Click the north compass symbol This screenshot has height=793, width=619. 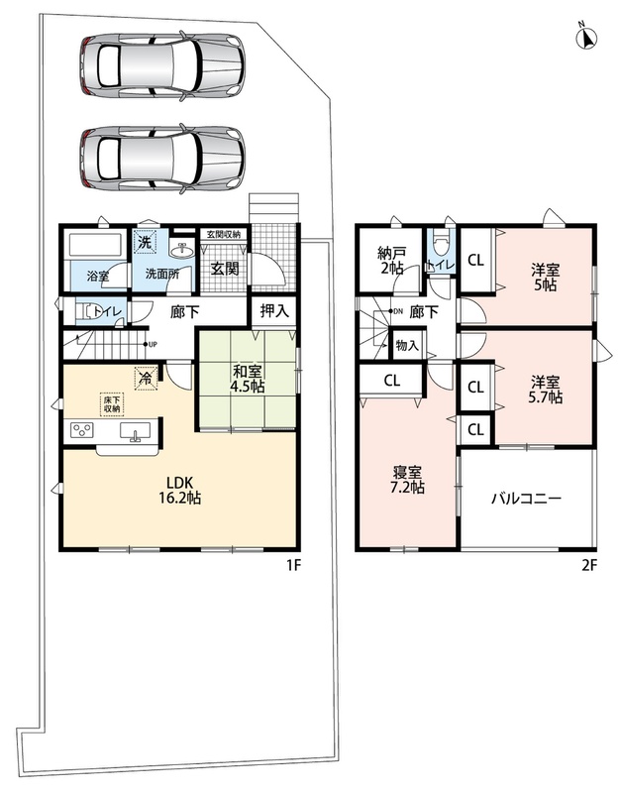[x=586, y=36]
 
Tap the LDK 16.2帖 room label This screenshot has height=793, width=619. [x=180, y=490]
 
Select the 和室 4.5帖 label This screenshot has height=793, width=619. [x=248, y=379]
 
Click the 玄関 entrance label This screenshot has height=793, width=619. [x=225, y=269]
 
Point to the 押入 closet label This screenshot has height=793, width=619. [x=274, y=311]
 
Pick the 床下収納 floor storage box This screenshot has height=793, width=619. [x=112, y=404]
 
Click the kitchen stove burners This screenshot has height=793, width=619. [x=83, y=430]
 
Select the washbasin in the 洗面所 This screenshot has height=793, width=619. [x=181, y=251]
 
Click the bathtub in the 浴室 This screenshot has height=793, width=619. [x=96, y=244]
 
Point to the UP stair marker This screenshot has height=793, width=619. [x=152, y=344]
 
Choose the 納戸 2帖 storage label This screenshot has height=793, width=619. [x=391, y=260]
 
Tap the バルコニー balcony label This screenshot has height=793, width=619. [x=527, y=500]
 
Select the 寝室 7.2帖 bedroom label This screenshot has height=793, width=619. [x=408, y=480]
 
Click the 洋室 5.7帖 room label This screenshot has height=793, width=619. [x=546, y=389]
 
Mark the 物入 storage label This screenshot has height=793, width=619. [x=407, y=345]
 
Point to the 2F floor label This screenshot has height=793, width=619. [x=589, y=565]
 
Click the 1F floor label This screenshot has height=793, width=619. [x=294, y=565]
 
